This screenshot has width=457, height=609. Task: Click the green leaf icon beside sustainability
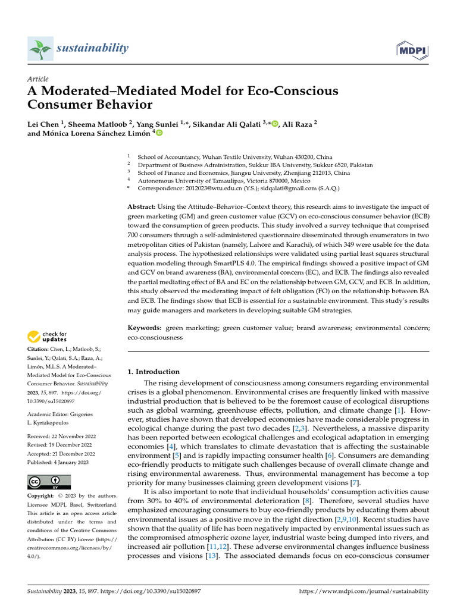point(40,48)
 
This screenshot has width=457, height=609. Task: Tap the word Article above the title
point(38,79)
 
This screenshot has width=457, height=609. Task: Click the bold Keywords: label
point(145,328)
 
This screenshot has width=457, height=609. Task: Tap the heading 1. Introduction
point(154,372)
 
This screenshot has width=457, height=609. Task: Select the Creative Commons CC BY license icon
point(49,482)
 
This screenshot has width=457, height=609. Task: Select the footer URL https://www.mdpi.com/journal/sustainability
point(363,591)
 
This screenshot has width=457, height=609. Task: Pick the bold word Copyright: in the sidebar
point(45,496)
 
